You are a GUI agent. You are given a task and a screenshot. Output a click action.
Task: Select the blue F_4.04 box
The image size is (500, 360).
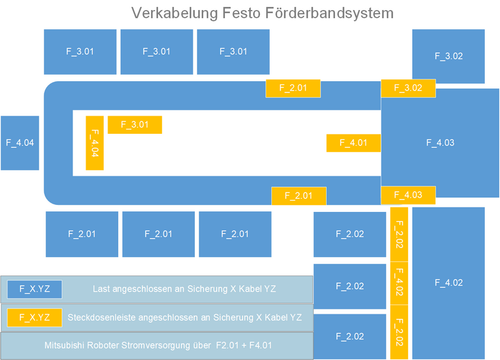(20, 142)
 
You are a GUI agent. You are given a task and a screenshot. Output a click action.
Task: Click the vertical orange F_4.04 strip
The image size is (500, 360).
(94, 143)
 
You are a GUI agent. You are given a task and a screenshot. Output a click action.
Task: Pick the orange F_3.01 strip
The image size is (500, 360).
(134, 124)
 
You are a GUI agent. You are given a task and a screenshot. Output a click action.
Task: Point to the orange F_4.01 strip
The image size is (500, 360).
(353, 143)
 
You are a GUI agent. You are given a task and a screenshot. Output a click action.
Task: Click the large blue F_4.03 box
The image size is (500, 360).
(440, 142)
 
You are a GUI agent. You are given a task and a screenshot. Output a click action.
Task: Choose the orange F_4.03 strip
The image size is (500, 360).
(408, 195)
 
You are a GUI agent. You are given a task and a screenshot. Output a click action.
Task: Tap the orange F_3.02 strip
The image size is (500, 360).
(408, 88)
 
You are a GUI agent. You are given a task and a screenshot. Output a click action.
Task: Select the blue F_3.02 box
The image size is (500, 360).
(448, 56)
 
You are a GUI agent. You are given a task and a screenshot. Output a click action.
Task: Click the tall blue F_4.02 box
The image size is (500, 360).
(448, 282)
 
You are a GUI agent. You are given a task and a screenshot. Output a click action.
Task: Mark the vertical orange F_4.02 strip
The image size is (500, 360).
(399, 282)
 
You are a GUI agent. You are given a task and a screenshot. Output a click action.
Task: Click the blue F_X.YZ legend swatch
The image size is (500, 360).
(34, 289)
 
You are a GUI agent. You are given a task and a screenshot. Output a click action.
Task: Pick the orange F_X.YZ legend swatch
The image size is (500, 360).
(34, 317)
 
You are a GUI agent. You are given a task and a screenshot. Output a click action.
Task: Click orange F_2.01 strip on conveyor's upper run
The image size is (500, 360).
(293, 88)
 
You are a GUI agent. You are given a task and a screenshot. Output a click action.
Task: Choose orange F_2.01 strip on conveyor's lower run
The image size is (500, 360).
(299, 196)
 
